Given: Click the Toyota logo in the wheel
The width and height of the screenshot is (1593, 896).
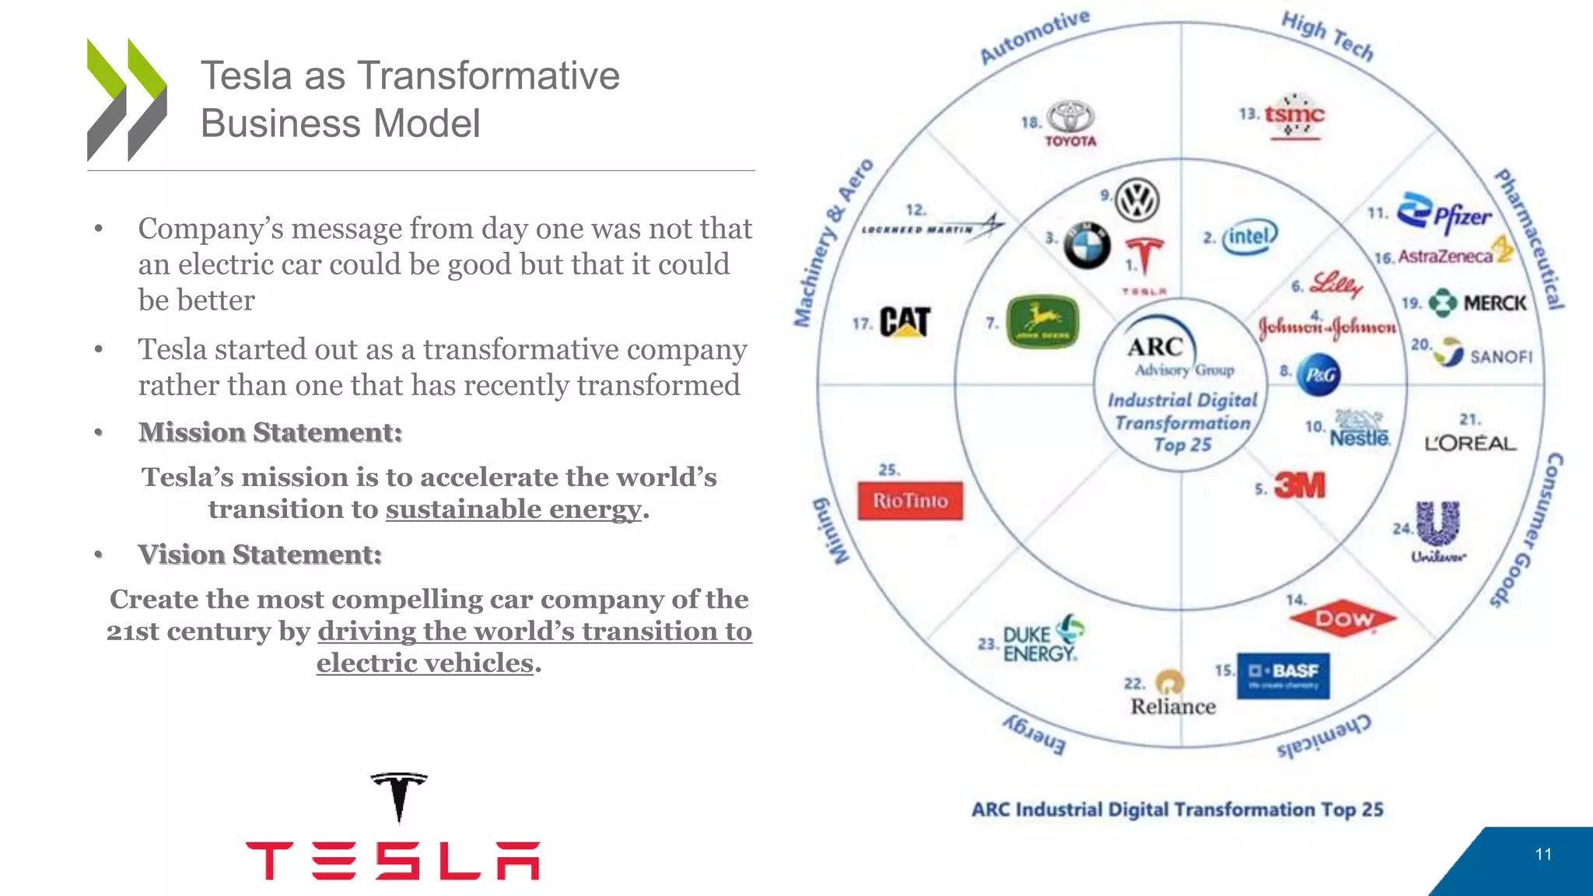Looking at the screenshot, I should pyautogui.click(x=1070, y=123).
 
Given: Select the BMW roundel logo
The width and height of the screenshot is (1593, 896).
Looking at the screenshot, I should pyautogui.click(x=1087, y=246).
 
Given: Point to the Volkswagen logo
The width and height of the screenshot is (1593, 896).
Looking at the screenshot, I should pyautogui.click(x=1137, y=200).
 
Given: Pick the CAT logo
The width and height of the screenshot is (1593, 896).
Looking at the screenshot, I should pyautogui.click(x=905, y=322).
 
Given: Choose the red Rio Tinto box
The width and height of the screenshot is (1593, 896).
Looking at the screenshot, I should pyautogui.click(x=910, y=501).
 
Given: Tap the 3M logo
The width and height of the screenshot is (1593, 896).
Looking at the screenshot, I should pyautogui.click(x=1300, y=486).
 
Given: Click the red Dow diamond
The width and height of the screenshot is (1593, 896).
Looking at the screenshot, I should pyautogui.click(x=1343, y=619).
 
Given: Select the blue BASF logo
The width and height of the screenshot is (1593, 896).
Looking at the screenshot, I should pyautogui.click(x=1283, y=675).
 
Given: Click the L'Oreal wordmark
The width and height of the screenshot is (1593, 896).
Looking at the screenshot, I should pyautogui.click(x=1470, y=443).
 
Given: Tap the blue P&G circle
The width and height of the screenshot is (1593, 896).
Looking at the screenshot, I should pyautogui.click(x=1319, y=375).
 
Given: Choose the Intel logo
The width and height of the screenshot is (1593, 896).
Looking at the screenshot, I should pyautogui.click(x=1249, y=236).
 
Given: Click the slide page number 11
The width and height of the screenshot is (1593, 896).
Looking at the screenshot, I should pyautogui.click(x=1543, y=855).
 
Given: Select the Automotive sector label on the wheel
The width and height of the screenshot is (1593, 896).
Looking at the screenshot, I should pyautogui.click(x=1035, y=37).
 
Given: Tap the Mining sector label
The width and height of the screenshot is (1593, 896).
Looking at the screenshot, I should pyautogui.click(x=832, y=531).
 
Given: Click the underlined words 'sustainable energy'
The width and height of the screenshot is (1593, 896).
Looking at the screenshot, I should pyautogui.click(x=514, y=509).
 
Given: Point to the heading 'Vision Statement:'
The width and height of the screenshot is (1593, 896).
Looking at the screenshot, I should pyautogui.click(x=260, y=555).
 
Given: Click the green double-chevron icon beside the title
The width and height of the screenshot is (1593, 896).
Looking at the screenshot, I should pyautogui.click(x=127, y=100).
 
